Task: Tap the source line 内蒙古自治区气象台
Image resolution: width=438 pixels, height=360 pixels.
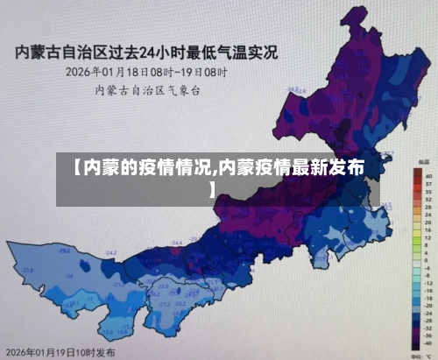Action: pyautogui.click(x=148, y=89)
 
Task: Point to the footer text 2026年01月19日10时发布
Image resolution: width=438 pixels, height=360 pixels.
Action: pyautogui.click(x=60, y=351)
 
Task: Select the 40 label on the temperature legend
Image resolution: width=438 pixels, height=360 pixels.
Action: pyautogui.click(x=427, y=176)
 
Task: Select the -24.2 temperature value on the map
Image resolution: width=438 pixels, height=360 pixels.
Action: pyautogui.click(x=110, y=253)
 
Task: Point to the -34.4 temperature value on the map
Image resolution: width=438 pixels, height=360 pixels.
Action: pyautogui.click(x=176, y=243)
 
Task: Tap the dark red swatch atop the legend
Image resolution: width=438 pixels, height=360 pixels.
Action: pyautogui.click(x=416, y=174)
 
